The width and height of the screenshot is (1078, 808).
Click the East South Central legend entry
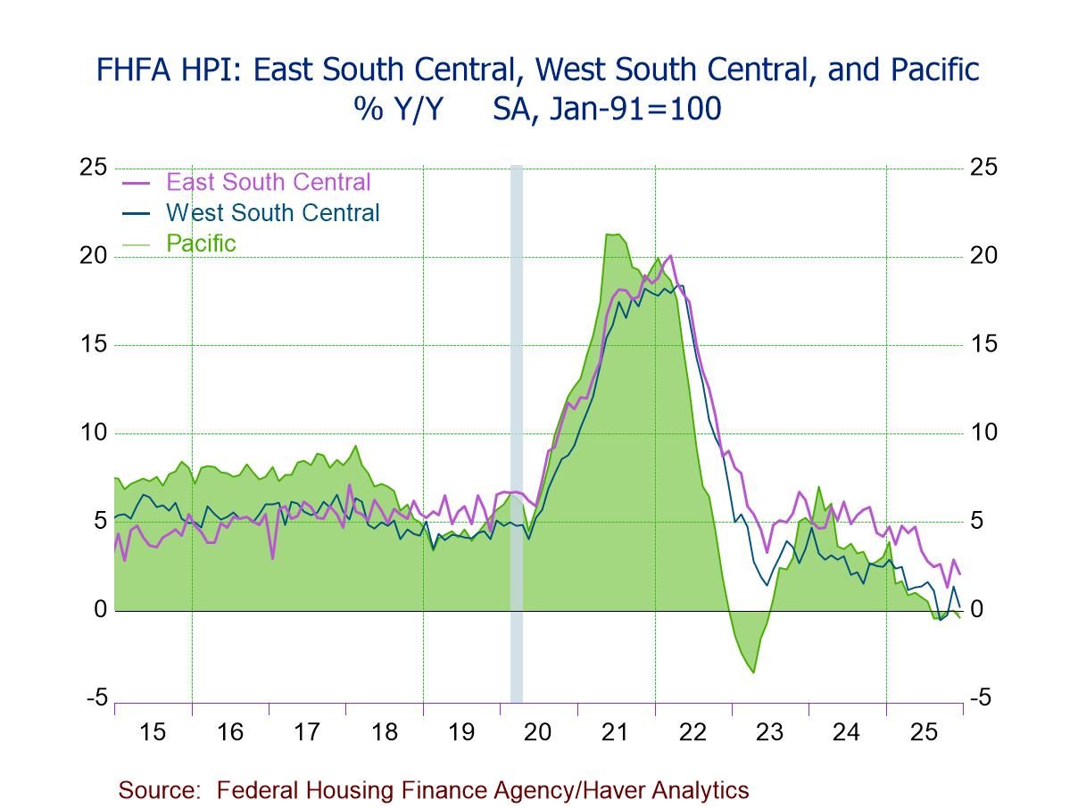point(268,182)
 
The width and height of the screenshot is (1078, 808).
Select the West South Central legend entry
point(272,212)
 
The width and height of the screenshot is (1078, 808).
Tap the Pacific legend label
point(201,243)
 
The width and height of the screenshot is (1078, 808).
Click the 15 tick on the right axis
point(984,344)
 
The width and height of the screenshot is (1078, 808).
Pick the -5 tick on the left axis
point(96,698)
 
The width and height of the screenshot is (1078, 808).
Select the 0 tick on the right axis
point(978,610)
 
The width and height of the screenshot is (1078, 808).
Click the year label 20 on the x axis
point(538,732)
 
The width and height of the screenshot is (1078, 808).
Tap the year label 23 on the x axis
point(769,732)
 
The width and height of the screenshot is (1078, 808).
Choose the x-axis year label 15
point(153,732)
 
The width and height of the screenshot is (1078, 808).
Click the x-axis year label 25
point(924,732)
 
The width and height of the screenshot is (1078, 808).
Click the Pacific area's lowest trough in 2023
point(754,672)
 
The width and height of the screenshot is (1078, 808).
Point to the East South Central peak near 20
point(671,256)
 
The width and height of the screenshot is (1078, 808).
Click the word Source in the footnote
point(157,790)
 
